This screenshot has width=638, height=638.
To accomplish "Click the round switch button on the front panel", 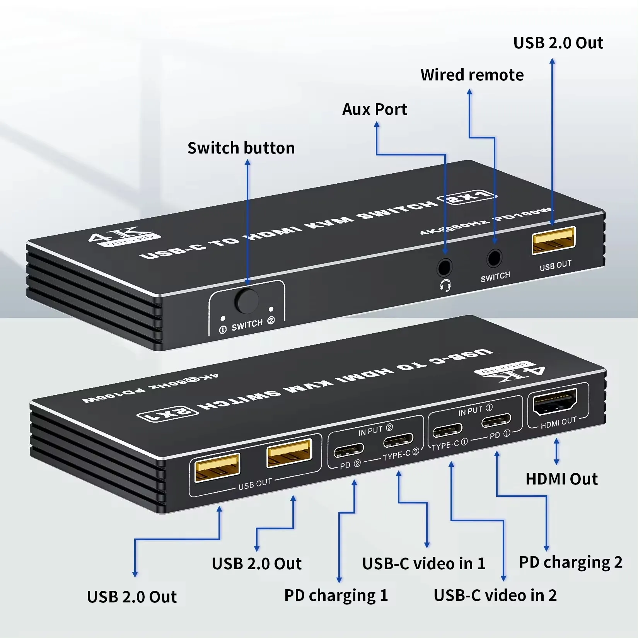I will (248, 301).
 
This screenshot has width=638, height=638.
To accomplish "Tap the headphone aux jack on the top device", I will (445, 267).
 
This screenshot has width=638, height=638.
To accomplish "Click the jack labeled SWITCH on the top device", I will (494, 258).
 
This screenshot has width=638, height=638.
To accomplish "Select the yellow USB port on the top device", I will (554, 240).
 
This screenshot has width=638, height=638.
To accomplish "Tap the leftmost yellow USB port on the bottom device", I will (217, 467).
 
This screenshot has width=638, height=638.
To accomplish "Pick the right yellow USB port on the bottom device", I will (289, 452).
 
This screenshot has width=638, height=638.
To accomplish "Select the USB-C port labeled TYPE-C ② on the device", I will (398, 440).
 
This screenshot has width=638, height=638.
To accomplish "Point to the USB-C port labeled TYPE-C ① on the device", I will (447, 430).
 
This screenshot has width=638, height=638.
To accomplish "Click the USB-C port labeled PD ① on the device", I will (496, 420).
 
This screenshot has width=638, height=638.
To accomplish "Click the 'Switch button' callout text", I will (241, 148).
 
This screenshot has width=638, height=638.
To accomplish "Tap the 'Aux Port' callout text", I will (374, 109).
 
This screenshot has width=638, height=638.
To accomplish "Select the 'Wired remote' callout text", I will (472, 75).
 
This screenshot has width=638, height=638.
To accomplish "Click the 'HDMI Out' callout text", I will (561, 479).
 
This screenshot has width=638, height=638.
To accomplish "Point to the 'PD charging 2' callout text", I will (570, 562).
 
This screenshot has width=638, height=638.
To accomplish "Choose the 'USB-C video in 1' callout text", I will (423, 564).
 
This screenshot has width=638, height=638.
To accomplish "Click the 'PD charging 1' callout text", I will (336, 595).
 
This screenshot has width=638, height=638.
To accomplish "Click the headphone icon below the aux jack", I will (445, 286).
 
